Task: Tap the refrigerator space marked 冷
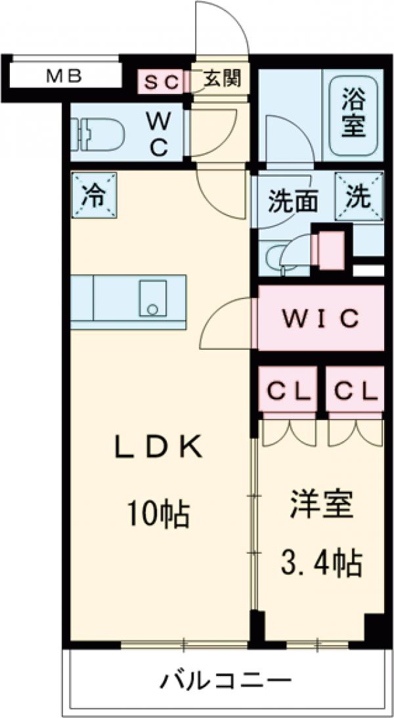pyautogui.click(x=94, y=195)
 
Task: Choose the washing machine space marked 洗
pyautogui.click(x=358, y=196)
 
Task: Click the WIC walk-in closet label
pyautogui.click(x=320, y=318)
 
